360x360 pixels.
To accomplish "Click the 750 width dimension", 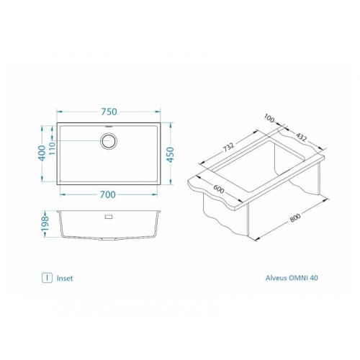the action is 109,112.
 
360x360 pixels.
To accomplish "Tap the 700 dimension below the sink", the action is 108,194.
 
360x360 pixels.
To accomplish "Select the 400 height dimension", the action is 42,153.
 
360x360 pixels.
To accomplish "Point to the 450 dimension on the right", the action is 170,155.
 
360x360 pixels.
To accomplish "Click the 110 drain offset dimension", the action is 52,148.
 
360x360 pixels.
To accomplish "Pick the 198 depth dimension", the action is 45,224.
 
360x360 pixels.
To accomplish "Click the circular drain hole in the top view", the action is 109,140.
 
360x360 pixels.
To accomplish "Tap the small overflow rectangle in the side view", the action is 109,217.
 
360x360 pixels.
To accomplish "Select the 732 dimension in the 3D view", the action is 228,147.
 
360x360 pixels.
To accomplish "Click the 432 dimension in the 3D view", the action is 301,137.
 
